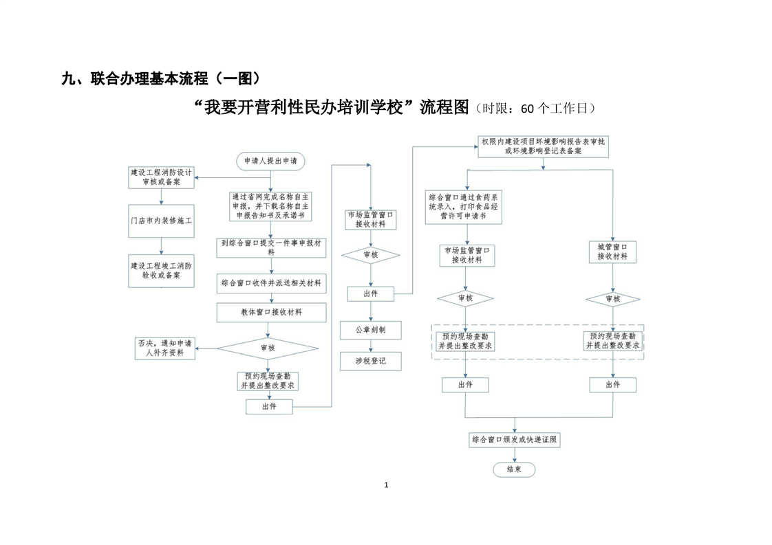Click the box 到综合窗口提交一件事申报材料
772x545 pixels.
pyautogui.click(x=271, y=247)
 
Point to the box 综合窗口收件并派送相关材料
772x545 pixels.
pyautogui.click(x=271, y=282)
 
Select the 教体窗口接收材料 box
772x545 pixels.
pyautogui.click(x=271, y=312)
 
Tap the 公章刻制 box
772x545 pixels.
pyautogui.click(x=370, y=330)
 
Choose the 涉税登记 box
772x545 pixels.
pyautogui.click(x=370, y=361)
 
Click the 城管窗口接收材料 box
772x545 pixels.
pyautogui.click(x=612, y=252)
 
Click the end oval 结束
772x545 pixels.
pyautogui.click(x=514, y=469)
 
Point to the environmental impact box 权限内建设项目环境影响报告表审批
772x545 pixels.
pyautogui.click(x=543, y=146)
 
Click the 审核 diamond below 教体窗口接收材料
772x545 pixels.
pyautogui.click(x=268, y=348)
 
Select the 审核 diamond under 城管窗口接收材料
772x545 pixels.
pyautogui.click(x=612, y=299)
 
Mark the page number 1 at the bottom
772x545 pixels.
pyautogui.click(x=386, y=485)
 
